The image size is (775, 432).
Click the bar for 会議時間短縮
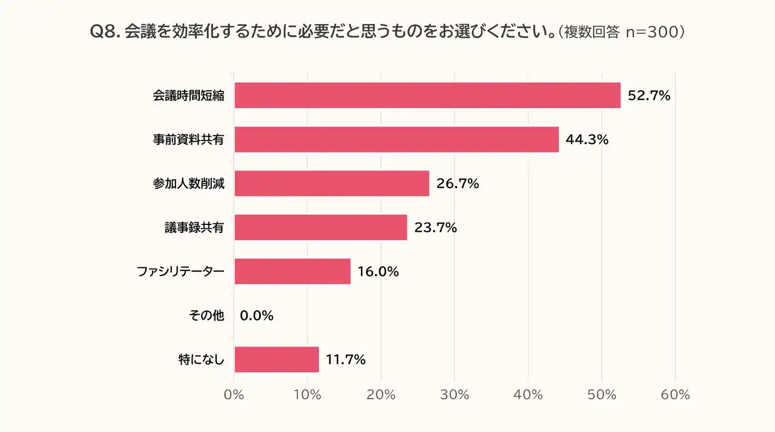pyautogui.click(x=427, y=95)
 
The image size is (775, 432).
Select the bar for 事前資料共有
pyautogui.click(x=396, y=139)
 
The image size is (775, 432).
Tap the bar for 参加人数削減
pyautogui.click(x=331, y=183)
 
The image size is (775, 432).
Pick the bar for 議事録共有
pyautogui.click(x=320, y=227)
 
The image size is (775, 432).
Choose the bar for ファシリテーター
pyautogui.click(x=292, y=272)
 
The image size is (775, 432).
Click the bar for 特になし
pyautogui.click(x=276, y=359)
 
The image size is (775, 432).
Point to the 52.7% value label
pyautogui.click(x=649, y=95)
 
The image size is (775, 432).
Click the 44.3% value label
pyautogui.click(x=587, y=139)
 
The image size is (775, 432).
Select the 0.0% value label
pyautogui.click(x=257, y=315)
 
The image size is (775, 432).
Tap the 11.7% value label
pyautogui.click(x=346, y=359)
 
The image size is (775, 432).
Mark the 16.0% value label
pyautogui.click(x=378, y=272)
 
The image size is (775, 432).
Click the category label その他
pyautogui.click(x=207, y=315)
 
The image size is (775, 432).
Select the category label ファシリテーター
pyautogui.click(x=180, y=272)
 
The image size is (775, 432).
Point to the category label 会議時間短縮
pyautogui.click(x=188, y=96)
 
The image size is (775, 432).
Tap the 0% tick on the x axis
pyautogui.click(x=234, y=394)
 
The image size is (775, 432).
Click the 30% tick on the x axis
pyautogui.click(x=455, y=394)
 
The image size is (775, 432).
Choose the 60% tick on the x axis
pyautogui.click(x=675, y=394)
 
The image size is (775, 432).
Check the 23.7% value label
pyautogui.click(x=435, y=227)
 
